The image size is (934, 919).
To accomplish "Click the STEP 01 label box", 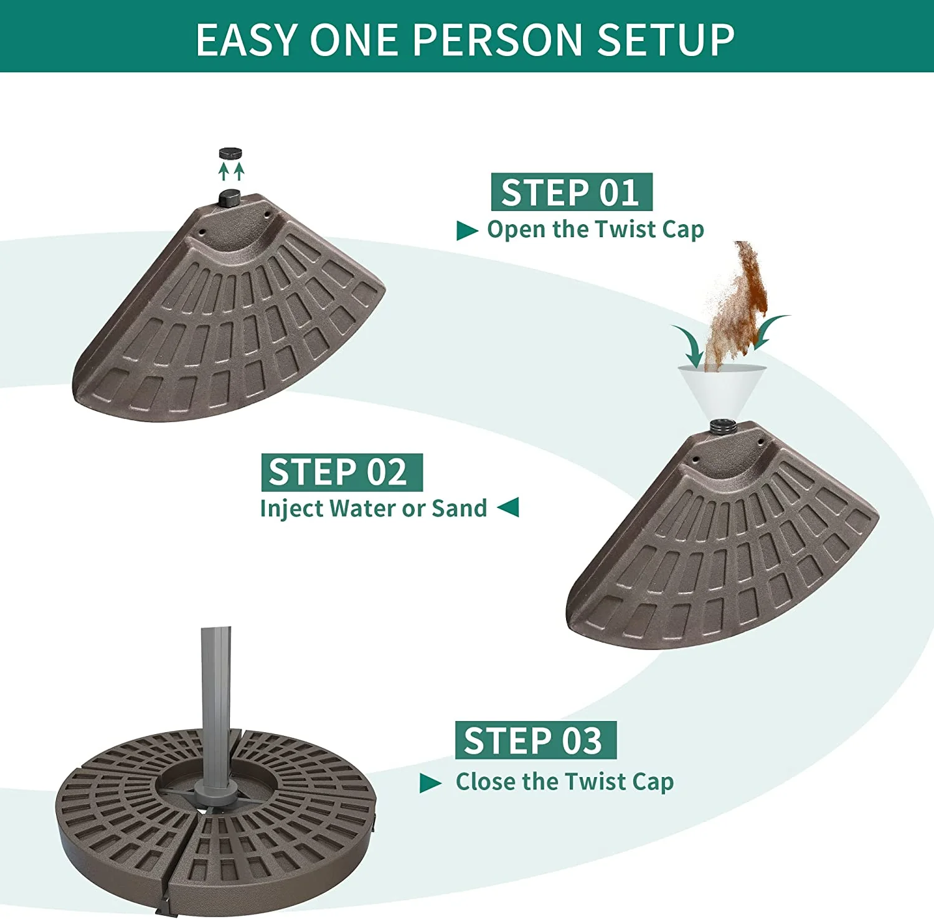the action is [x=572, y=192].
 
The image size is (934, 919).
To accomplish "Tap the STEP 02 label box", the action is [x=342, y=472].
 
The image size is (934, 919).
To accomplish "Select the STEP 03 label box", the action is [x=535, y=740].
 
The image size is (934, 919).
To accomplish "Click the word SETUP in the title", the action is [x=666, y=40].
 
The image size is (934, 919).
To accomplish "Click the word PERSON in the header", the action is [x=498, y=40].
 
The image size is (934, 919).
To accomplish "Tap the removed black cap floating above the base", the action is [x=230, y=153].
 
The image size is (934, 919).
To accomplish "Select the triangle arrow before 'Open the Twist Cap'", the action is [x=467, y=230].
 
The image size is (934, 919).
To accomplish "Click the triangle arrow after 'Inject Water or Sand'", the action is [x=508, y=507].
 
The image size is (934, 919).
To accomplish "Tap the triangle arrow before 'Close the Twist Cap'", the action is [x=431, y=783].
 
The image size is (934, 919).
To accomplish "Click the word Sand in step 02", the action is [x=460, y=508].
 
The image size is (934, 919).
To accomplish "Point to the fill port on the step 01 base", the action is [x=230, y=198].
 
